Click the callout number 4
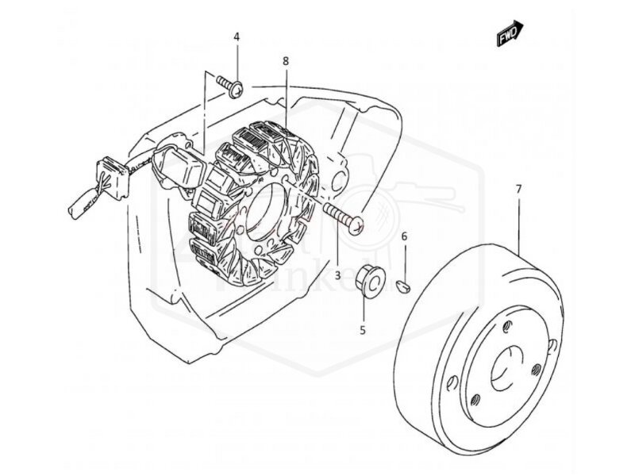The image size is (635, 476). coord(237,38)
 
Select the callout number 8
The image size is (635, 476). coord(285,60)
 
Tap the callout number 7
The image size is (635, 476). coord(518,189)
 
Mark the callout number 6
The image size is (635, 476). coord(404,236)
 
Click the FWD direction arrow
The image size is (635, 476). coord(508,33)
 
